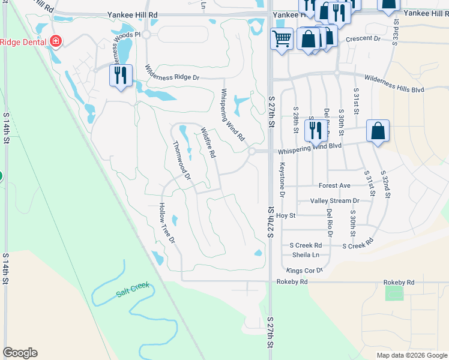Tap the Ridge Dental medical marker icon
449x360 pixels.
pos(56,41)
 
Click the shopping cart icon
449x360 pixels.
pos(282,39)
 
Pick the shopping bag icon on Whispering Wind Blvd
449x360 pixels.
pos(378,130)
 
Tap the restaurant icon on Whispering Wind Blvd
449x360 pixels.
pos(315,130)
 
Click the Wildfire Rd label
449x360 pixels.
pos(208,142)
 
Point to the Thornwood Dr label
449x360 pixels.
pos(181,160)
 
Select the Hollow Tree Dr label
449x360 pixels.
pos(166,223)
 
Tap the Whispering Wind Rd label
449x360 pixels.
pos(232,115)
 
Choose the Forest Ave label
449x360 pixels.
pos(334,186)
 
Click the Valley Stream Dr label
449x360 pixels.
pos(334,201)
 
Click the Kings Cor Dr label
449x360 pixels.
pos(304,271)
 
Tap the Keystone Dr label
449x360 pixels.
pos(282,181)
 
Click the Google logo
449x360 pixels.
pos(20,353)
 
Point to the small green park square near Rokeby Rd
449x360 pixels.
pos(394,293)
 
